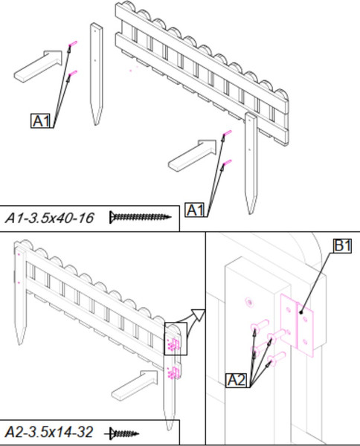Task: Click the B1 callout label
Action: [x=342, y=246]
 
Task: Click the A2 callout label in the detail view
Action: [x=237, y=380]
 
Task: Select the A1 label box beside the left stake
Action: [x=41, y=121]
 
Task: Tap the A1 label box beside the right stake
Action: [x=195, y=210]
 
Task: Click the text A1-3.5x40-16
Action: [x=50, y=219]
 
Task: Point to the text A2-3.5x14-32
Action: [x=49, y=433]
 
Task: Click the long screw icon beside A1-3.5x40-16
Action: [x=141, y=218]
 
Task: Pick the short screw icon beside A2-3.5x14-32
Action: [x=122, y=434]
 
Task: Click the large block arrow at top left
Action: [x=38, y=66]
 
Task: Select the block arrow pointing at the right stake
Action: [x=193, y=155]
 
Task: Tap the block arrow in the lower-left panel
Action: [x=135, y=385]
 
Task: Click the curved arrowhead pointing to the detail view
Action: [x=199, y=315]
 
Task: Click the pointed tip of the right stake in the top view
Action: [x=251, y=213]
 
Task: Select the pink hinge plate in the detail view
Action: [x=297, y=325]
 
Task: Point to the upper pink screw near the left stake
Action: [x=73, y=44]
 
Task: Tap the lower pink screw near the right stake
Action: [x=227, y=163]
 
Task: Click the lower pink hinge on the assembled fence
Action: [x=174, y=372]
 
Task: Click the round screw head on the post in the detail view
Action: [x=249, y=303]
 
